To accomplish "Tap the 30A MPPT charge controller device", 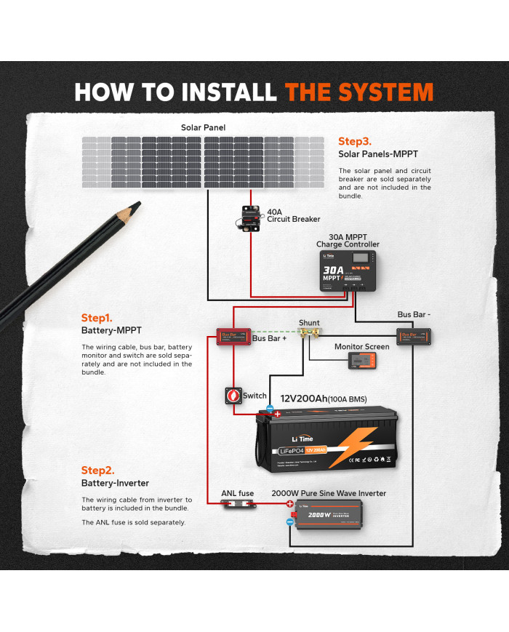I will tap(348, 271).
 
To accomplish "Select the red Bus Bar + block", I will tap(233, 337).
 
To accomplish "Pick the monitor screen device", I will tap(361, 361).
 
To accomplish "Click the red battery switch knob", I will tap(234, 396).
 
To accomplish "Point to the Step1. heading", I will tap(97, 318).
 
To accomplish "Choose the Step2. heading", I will tap(97, 471).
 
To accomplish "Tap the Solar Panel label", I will tap(203, 127).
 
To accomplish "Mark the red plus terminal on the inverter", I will tap(289, 504).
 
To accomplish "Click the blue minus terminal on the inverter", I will tap(289, 521).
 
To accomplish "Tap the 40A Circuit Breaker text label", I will tap(293, 215).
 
